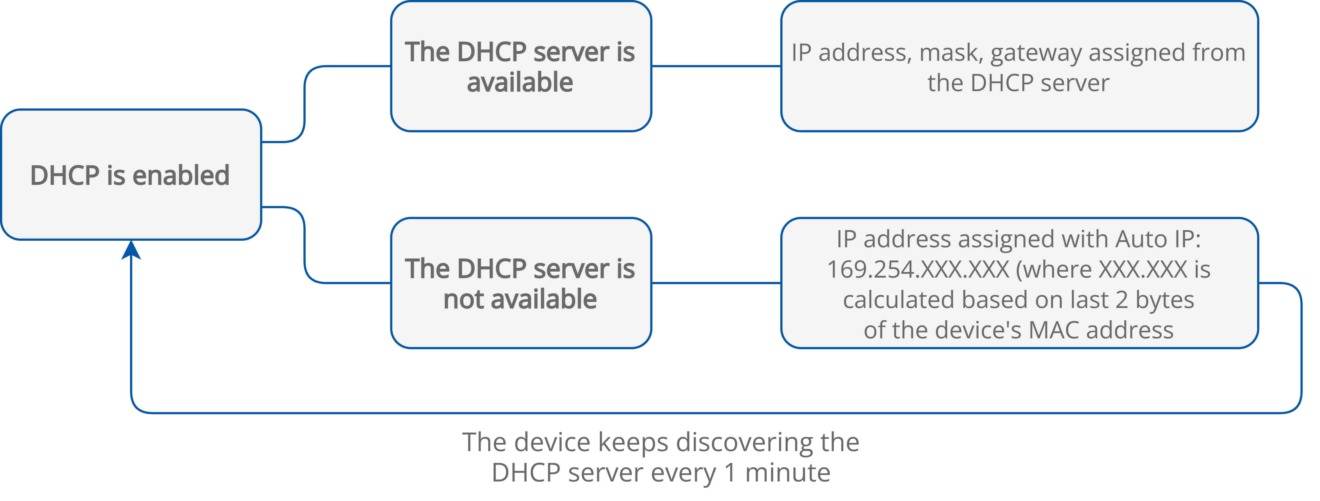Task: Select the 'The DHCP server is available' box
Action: tap(521, 67)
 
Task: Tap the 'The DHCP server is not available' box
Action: tap(521, 283)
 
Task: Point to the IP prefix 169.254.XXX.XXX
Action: tap(917, 270)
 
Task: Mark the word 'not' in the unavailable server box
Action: tap(463, 300)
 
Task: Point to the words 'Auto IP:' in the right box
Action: tap(1158, 240)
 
